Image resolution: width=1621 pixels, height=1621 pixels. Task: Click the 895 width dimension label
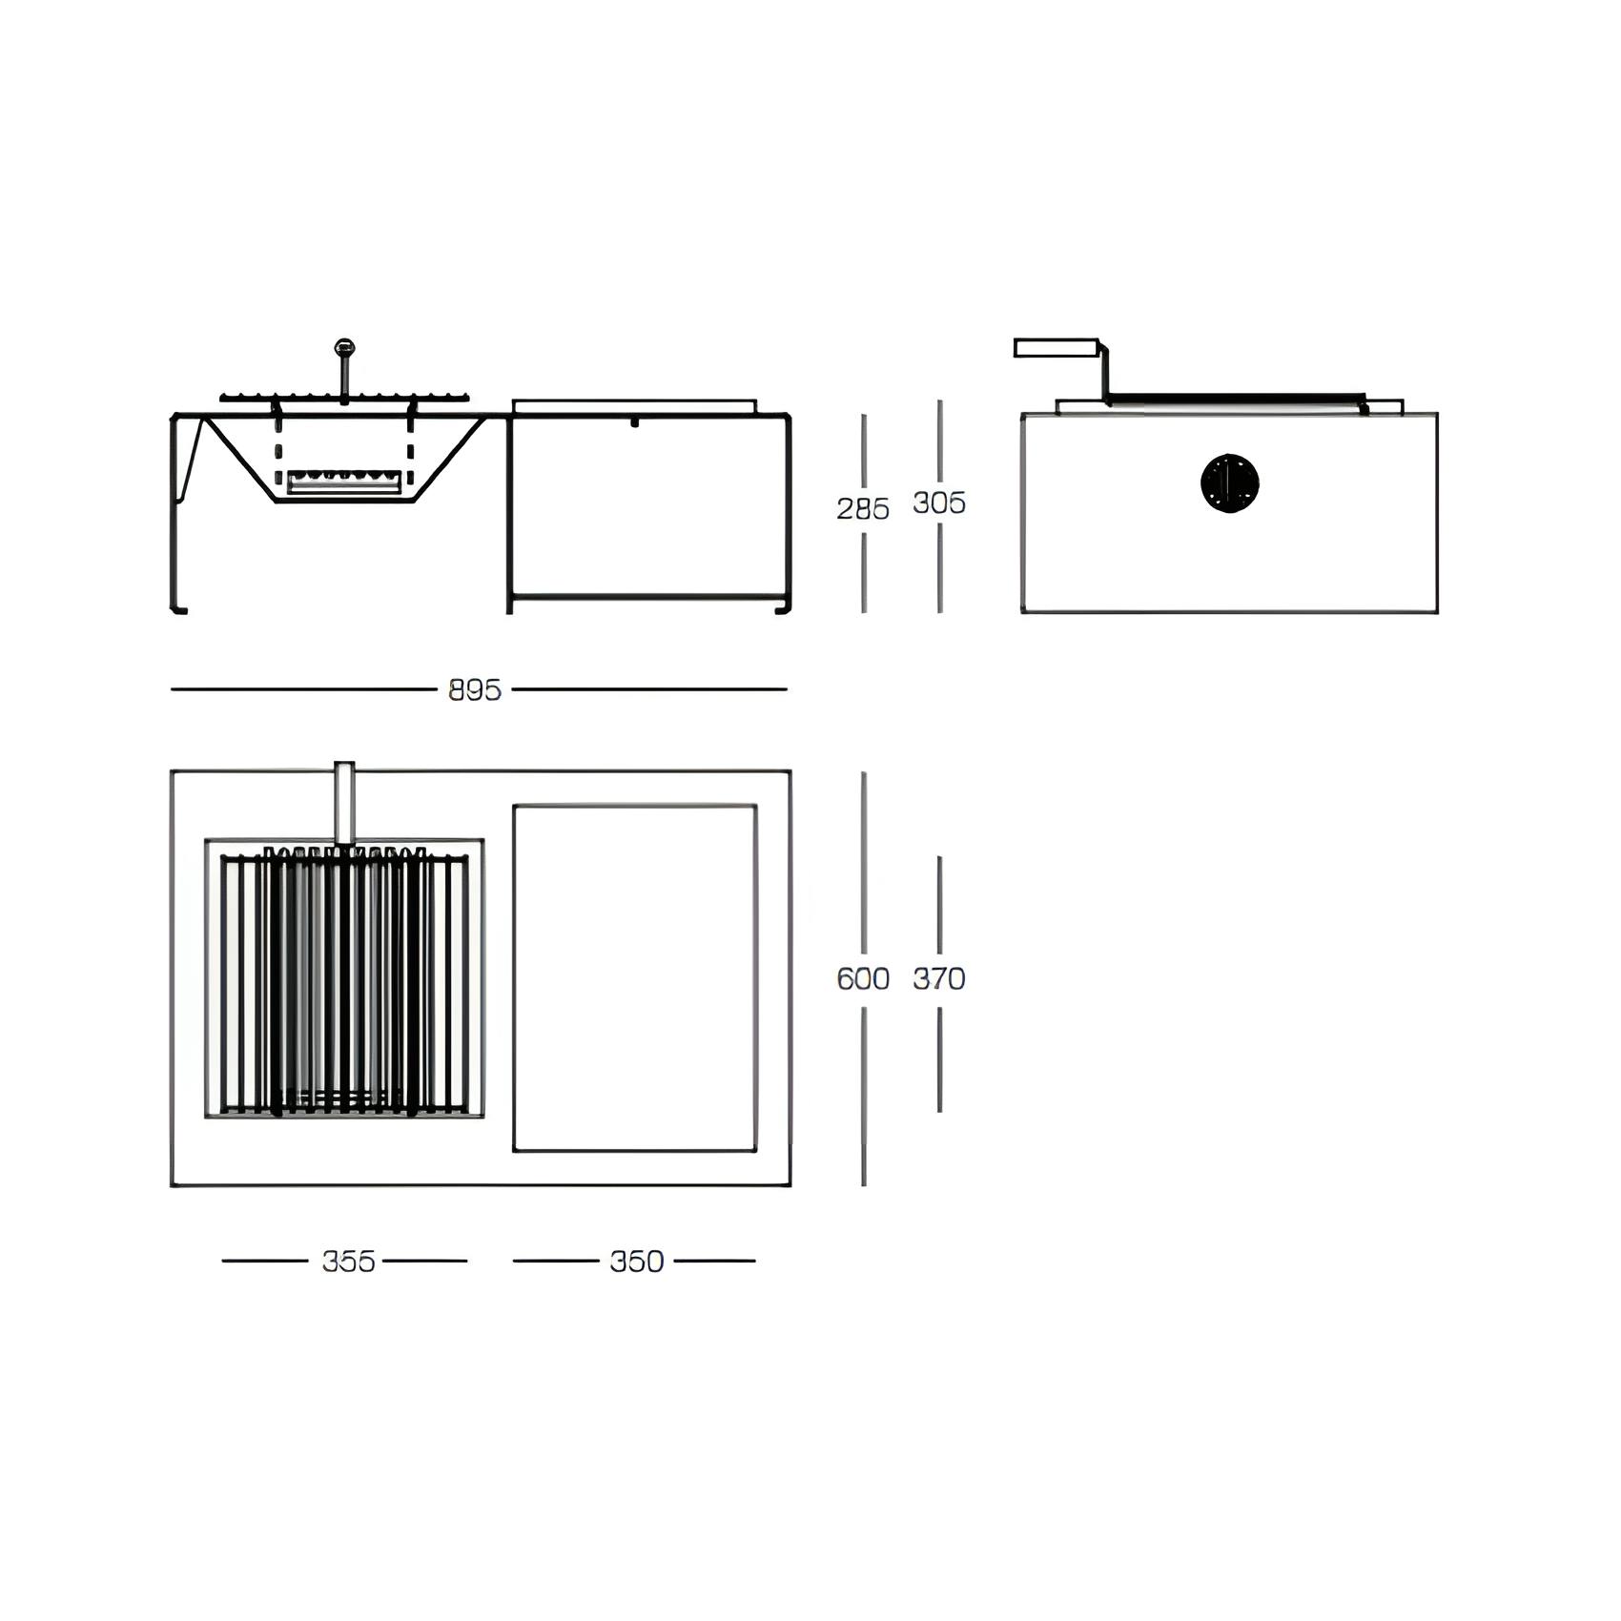coord(475,689)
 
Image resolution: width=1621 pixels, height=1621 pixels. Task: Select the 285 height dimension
coord(862,508)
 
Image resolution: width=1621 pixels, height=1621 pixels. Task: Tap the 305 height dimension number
coord(938,503)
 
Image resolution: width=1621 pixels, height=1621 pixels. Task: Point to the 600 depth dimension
coord(862,978)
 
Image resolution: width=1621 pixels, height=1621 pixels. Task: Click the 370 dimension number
coord(938,978)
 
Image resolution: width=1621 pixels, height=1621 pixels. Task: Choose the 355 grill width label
coord(348,1261)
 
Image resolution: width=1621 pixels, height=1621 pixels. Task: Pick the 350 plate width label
coord(636,1261)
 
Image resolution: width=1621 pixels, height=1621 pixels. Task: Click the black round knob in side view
coord(1229,483)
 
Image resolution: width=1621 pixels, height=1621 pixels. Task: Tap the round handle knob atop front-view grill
coord(344,348)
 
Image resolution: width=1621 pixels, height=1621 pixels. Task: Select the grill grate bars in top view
coord(343,982)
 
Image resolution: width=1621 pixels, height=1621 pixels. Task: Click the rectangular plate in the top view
coord(635,978)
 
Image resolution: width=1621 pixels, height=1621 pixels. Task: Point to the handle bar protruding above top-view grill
coord(344,801)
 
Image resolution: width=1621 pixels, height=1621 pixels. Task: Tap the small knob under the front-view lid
coord(634,421)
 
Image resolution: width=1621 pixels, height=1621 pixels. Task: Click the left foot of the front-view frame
coord(178,608)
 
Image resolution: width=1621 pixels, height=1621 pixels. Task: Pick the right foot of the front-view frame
coord(783,608)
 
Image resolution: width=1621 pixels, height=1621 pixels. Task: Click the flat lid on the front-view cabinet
coord(635,406)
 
